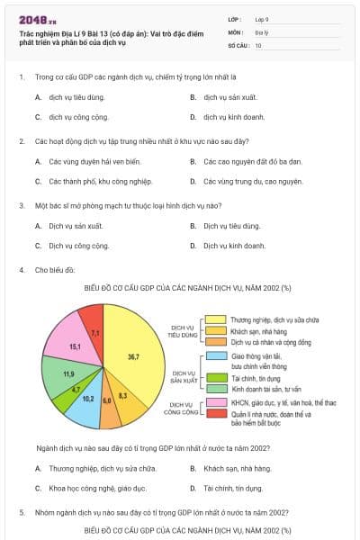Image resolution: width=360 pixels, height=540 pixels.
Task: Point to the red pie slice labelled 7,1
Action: coord(94,332)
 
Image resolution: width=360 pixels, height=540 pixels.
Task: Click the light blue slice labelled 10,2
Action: coord(87,397)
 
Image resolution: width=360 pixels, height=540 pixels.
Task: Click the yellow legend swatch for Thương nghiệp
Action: coord(214,319)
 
